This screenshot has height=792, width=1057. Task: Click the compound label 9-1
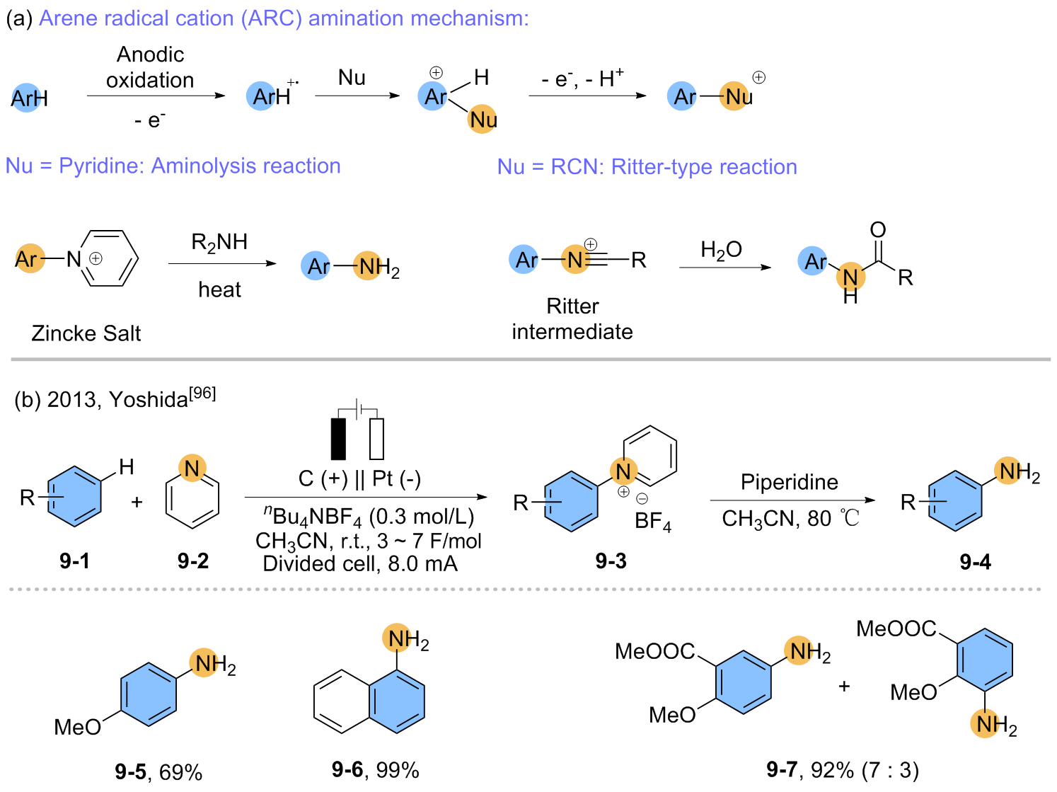point(74,561)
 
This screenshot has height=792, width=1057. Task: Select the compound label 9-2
point(193,561)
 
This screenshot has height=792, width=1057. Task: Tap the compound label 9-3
point(611,561)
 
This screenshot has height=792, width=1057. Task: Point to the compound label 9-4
point(975,562)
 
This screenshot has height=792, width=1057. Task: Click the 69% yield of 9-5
point(181,771)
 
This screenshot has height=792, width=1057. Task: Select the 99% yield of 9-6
point(398,769)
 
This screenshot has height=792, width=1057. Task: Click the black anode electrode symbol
point(339,439)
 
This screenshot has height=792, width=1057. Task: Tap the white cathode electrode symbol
point(376,439)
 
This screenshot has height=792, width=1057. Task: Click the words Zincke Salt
point(86,333)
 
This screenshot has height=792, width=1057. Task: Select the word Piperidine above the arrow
point(789,482)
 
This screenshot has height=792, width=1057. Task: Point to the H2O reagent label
point(721,250)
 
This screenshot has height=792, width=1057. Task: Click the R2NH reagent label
point(219,243)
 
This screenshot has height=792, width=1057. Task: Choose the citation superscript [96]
point(203,393)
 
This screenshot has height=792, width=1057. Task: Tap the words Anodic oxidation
point(150,67)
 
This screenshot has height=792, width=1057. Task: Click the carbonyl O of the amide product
point(877,229)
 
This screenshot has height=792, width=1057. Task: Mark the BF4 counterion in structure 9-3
point(652,522)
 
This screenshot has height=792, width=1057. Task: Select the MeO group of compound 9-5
point(77,727)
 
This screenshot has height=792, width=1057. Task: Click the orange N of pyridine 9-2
point(192,468)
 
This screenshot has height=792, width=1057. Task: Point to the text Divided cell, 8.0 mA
point(360,563)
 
